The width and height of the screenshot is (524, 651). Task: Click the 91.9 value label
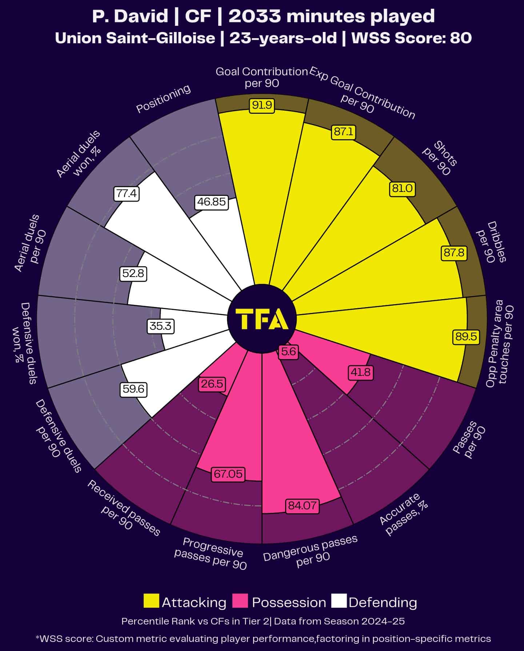262,105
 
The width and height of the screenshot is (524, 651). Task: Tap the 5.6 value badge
288,352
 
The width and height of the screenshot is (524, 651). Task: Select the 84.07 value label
302,506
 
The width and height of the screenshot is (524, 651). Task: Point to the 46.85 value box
212,202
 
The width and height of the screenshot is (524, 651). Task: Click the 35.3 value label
161,326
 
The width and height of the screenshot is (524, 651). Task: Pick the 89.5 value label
466,337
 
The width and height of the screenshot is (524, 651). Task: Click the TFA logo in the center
262,319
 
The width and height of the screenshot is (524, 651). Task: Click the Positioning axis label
163,99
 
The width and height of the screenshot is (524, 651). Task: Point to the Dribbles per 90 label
491,242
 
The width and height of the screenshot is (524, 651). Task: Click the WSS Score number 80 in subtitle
461,38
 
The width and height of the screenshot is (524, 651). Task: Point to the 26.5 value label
212,384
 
